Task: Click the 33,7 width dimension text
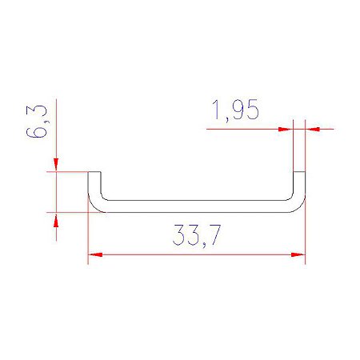197,235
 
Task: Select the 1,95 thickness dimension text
235,110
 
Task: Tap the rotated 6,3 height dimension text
37,122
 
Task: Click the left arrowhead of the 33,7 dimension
95,254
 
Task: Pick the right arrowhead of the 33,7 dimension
298,254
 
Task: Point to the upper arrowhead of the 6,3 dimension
56,165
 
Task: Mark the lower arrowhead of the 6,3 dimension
56,220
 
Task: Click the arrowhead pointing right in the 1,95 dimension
286,129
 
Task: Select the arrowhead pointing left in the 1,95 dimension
313,129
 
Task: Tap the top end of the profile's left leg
94,172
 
